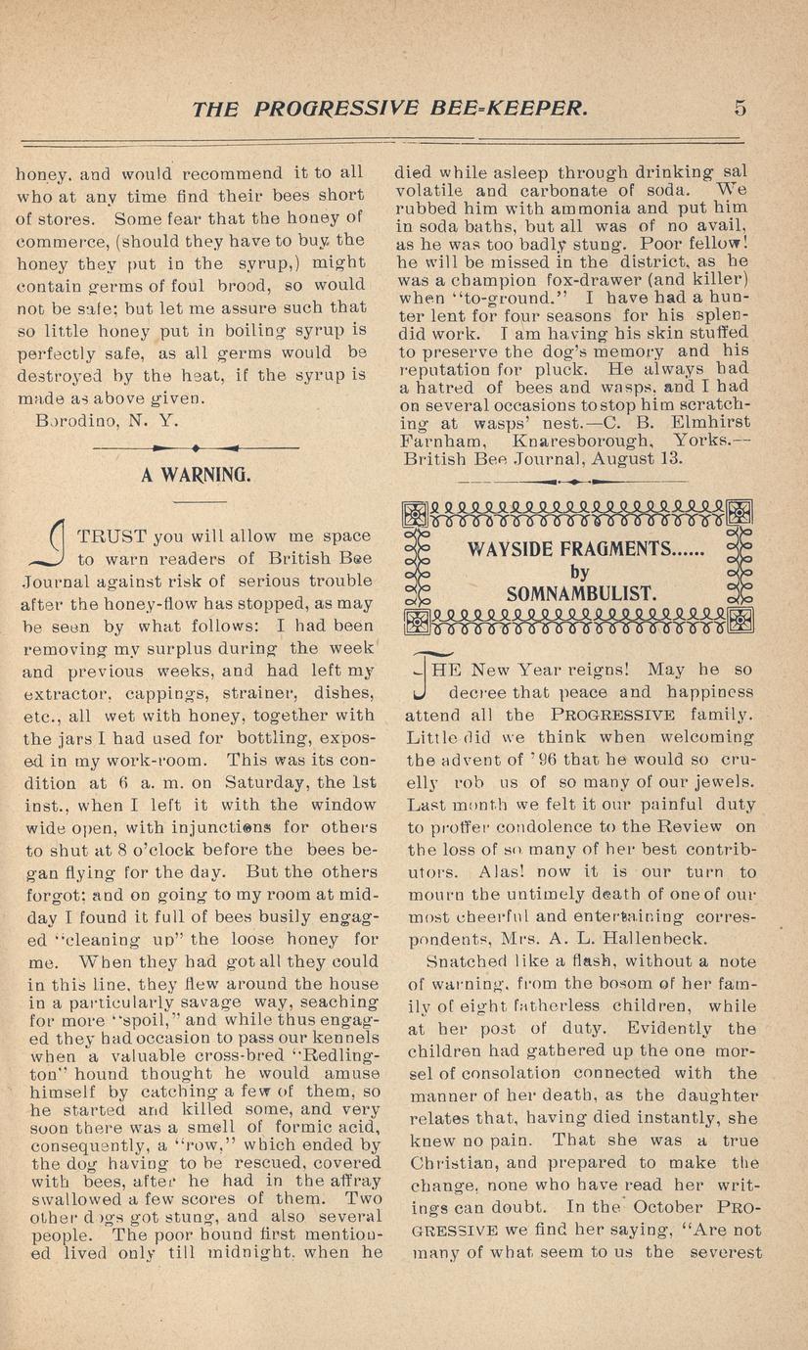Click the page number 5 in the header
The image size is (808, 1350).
point(740,107)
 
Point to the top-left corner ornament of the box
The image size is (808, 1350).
point(416,513)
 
